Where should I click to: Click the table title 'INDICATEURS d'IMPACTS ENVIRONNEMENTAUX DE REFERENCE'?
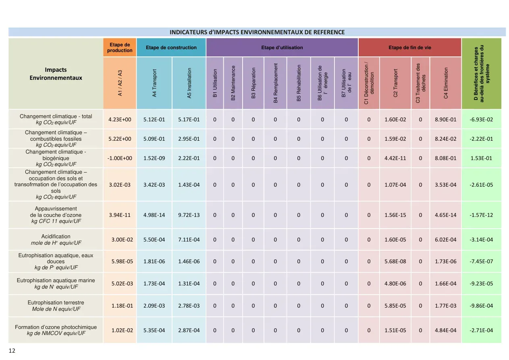point(257,32)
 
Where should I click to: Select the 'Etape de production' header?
point(120,48)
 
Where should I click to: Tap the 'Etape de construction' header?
point(171,48)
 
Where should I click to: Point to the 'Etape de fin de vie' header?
point(410,48)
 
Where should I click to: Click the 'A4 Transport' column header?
point(154,83)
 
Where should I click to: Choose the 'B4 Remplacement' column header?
point(275,83)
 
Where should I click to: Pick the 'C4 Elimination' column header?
point(446,83)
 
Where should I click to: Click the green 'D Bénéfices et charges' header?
point(482,73)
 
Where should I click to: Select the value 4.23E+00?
point(120,120)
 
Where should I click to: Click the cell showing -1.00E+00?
point(120,158)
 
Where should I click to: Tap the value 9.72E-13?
point(189,215)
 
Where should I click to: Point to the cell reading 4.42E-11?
point(395,158)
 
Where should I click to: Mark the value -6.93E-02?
point(481,120)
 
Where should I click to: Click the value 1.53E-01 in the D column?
point(481,158)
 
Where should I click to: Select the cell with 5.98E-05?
point(122,261)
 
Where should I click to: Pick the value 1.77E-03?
point(446,306)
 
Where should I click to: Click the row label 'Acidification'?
point(56,236)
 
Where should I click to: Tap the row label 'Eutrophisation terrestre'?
point(56,302)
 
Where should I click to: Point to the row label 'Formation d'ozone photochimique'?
point(56,327)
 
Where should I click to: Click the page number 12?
point(12,351)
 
